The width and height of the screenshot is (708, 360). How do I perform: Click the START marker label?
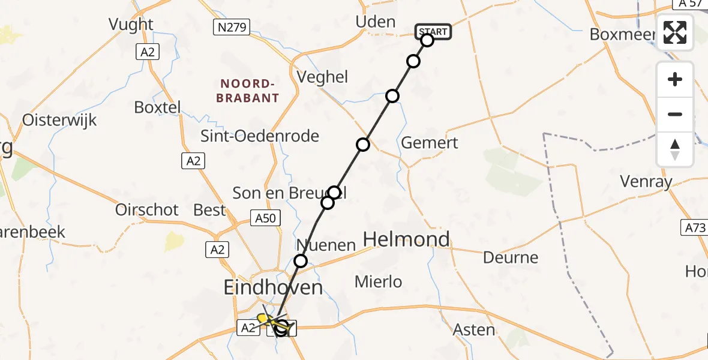pyautogui.click(x=433, y=31)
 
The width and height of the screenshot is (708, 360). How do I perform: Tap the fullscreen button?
pyautogui.click(x=675, y=32)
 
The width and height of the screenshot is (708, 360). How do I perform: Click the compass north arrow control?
pyautogui.click(x=675, y=149)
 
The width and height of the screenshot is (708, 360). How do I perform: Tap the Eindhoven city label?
pyautogui.click(x=273, y=287)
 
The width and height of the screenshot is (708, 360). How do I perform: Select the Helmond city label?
pyautogui.click(x=406, y=239)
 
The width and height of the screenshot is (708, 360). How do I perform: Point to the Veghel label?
pyautogui.click(x=323, y=77)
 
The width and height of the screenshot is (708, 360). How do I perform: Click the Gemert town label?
pyautogui.click(x=430, y=143)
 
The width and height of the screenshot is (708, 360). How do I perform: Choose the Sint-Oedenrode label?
pyautogui.click(x=260, y=136)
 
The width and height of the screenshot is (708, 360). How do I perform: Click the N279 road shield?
pyautogui.click(x=232, y=26)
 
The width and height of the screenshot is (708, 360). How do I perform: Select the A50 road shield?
pyautogui.click(x=265, y=218)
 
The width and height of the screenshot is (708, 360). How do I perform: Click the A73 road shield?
pyautogui.click(x=694, y=227)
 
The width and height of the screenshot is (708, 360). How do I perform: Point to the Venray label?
pyautogui.click(x=646, y=182)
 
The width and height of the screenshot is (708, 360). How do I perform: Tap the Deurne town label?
pyautogui.click(x=511, y=257)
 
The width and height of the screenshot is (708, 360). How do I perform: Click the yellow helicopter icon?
pyautogui.click(x=266, y=318)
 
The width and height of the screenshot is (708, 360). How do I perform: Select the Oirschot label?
pyautogui.click(x=148, y=209)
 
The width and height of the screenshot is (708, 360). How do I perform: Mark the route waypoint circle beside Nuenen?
pyautogui.click(x=301, y=261)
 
